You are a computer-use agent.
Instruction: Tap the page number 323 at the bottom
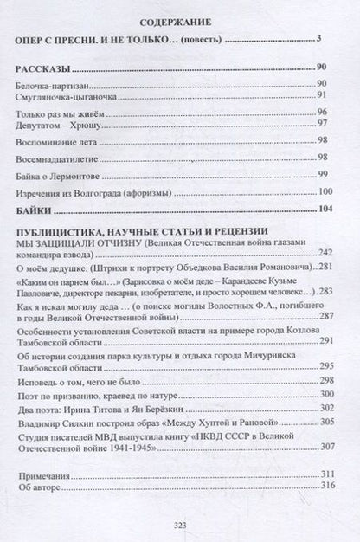(x=179, y=525)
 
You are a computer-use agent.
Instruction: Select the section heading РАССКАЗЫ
(x=43, y=67)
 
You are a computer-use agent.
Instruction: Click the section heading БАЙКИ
(x=35, y=210)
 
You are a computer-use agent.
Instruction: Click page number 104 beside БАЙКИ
(x=325, y=210)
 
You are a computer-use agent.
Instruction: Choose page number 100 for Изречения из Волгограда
(x=325, y=191)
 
